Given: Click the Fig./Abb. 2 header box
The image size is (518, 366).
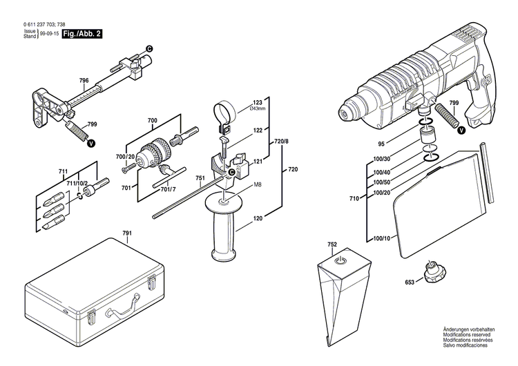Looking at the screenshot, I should [x=82, y=32].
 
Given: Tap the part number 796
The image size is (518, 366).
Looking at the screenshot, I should [x=84, y=81].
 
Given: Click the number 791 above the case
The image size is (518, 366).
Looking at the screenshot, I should [x=127, y=233].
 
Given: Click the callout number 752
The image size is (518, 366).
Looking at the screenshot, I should [x=332, y=244].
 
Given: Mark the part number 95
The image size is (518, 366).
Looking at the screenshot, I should [x=399, y=144].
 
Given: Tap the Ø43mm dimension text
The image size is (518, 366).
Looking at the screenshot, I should [x=257, y=108].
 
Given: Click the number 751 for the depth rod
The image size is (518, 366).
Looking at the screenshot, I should [x=200, y=177].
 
